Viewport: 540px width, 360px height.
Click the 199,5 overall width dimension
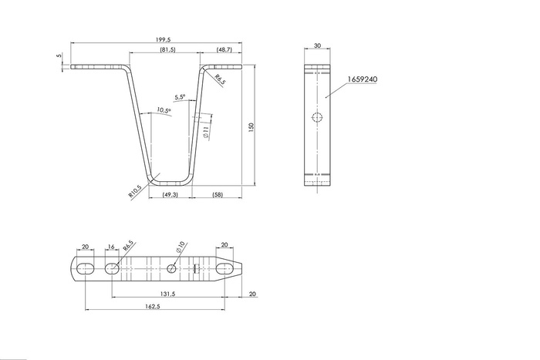point(164,40)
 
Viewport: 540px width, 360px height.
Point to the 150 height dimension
point(251,127)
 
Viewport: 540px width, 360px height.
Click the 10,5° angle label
point(164,110)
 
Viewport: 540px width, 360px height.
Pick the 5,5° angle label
point(180,97)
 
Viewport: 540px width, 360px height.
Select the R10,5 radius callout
point(135,191)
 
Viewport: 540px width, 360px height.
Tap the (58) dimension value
point(218,195)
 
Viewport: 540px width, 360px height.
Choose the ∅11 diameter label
point(206,132)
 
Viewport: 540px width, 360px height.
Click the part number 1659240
point(362,79)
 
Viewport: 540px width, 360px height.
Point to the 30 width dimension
point(317,45)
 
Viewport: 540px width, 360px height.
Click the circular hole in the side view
point(317,117)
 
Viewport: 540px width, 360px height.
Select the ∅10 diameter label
point(181,247)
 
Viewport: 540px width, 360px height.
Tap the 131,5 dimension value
point(167,294)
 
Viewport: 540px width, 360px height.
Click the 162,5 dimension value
point(153,306)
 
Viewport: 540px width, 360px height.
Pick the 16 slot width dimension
point(111,247)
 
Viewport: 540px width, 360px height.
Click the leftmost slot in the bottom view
point(85,269)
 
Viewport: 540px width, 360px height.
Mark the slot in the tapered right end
point(224,268)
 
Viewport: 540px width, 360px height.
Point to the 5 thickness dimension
point(59,55)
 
